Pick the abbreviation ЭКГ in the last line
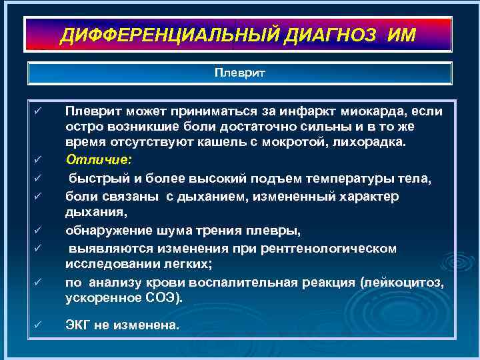coord(78,326)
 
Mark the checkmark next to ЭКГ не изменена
coord(38,325)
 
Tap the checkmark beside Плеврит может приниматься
coord(38,110)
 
